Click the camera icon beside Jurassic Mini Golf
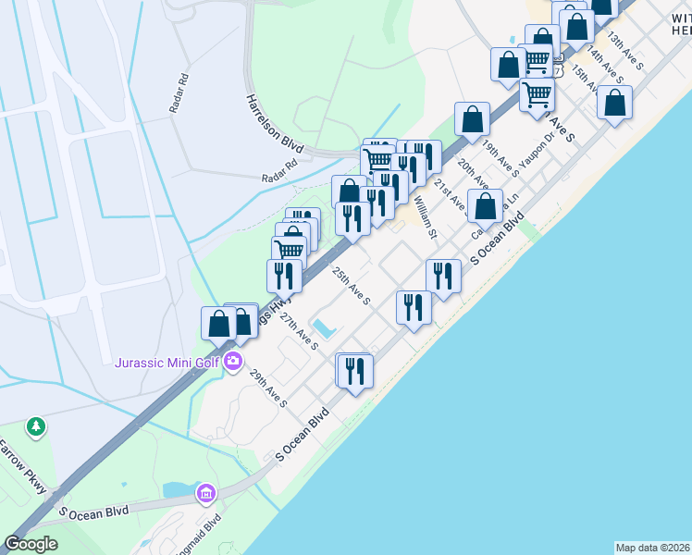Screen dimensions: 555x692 click(233, 361)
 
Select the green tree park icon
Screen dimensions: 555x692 click(36, 426)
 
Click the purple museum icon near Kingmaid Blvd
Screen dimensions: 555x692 click(205, 495)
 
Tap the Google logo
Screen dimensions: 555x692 click(31, 544)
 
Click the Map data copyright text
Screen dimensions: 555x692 click(653, 547)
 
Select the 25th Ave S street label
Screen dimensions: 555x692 click(352, 287)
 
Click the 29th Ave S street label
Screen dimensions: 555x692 click(268, 387)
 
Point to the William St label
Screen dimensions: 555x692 click(425, 216)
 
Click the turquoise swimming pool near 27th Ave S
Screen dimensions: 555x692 click(323, 327)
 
